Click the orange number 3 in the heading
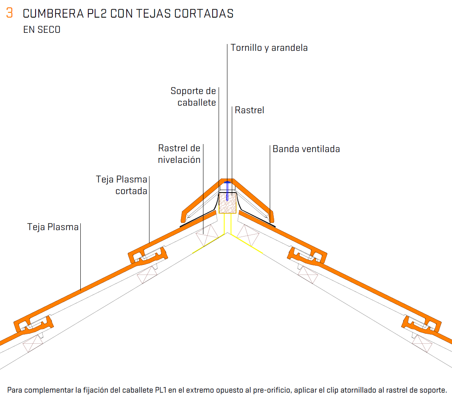[10, 13]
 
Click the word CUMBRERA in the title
[53, 14]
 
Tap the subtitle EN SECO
[42, 30]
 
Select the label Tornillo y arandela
[269, 48]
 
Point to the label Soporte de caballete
[193, 96]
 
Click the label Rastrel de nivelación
[179, 154]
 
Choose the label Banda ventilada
[306, 149]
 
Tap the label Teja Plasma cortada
[121, 185]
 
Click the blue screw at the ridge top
[227, 190]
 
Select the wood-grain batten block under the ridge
[228, 203]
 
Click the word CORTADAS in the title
[204, 14]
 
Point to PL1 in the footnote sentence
[161, 390]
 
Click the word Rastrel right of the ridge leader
[249, 110]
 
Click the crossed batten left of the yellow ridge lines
[207, 235]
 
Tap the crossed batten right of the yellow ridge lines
[248, 235]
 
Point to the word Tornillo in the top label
[246, 48]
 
